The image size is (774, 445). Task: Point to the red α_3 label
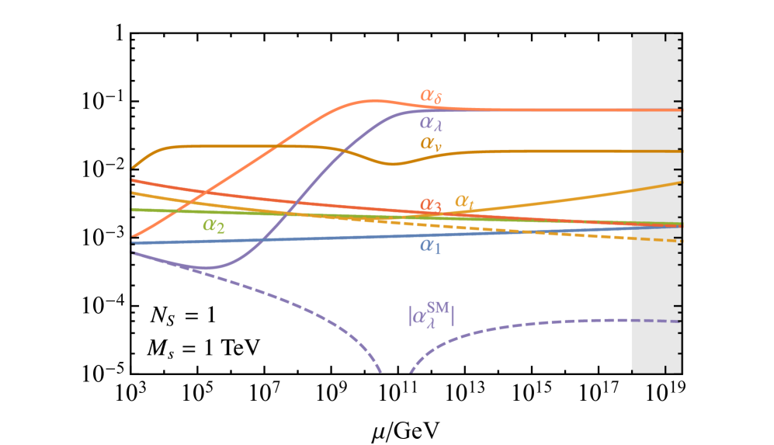coord(431,205)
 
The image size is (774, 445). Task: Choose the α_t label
coord(464,203)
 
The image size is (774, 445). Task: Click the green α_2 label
coord(213,225)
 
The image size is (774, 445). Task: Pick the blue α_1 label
coord(431,245)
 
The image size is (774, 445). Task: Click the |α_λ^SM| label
coord(431,315)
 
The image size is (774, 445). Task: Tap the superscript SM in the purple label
coord(437,308)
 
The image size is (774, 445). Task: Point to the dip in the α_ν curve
coord(393,164)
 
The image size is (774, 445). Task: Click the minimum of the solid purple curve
coord(207,268)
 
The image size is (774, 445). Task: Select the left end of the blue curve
coord(134,243)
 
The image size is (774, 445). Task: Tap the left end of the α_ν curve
coord(134,167)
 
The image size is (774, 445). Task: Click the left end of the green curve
coord(134,210)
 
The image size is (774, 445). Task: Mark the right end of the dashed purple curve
coord(680,322)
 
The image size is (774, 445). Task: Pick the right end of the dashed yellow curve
coord(680,242)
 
